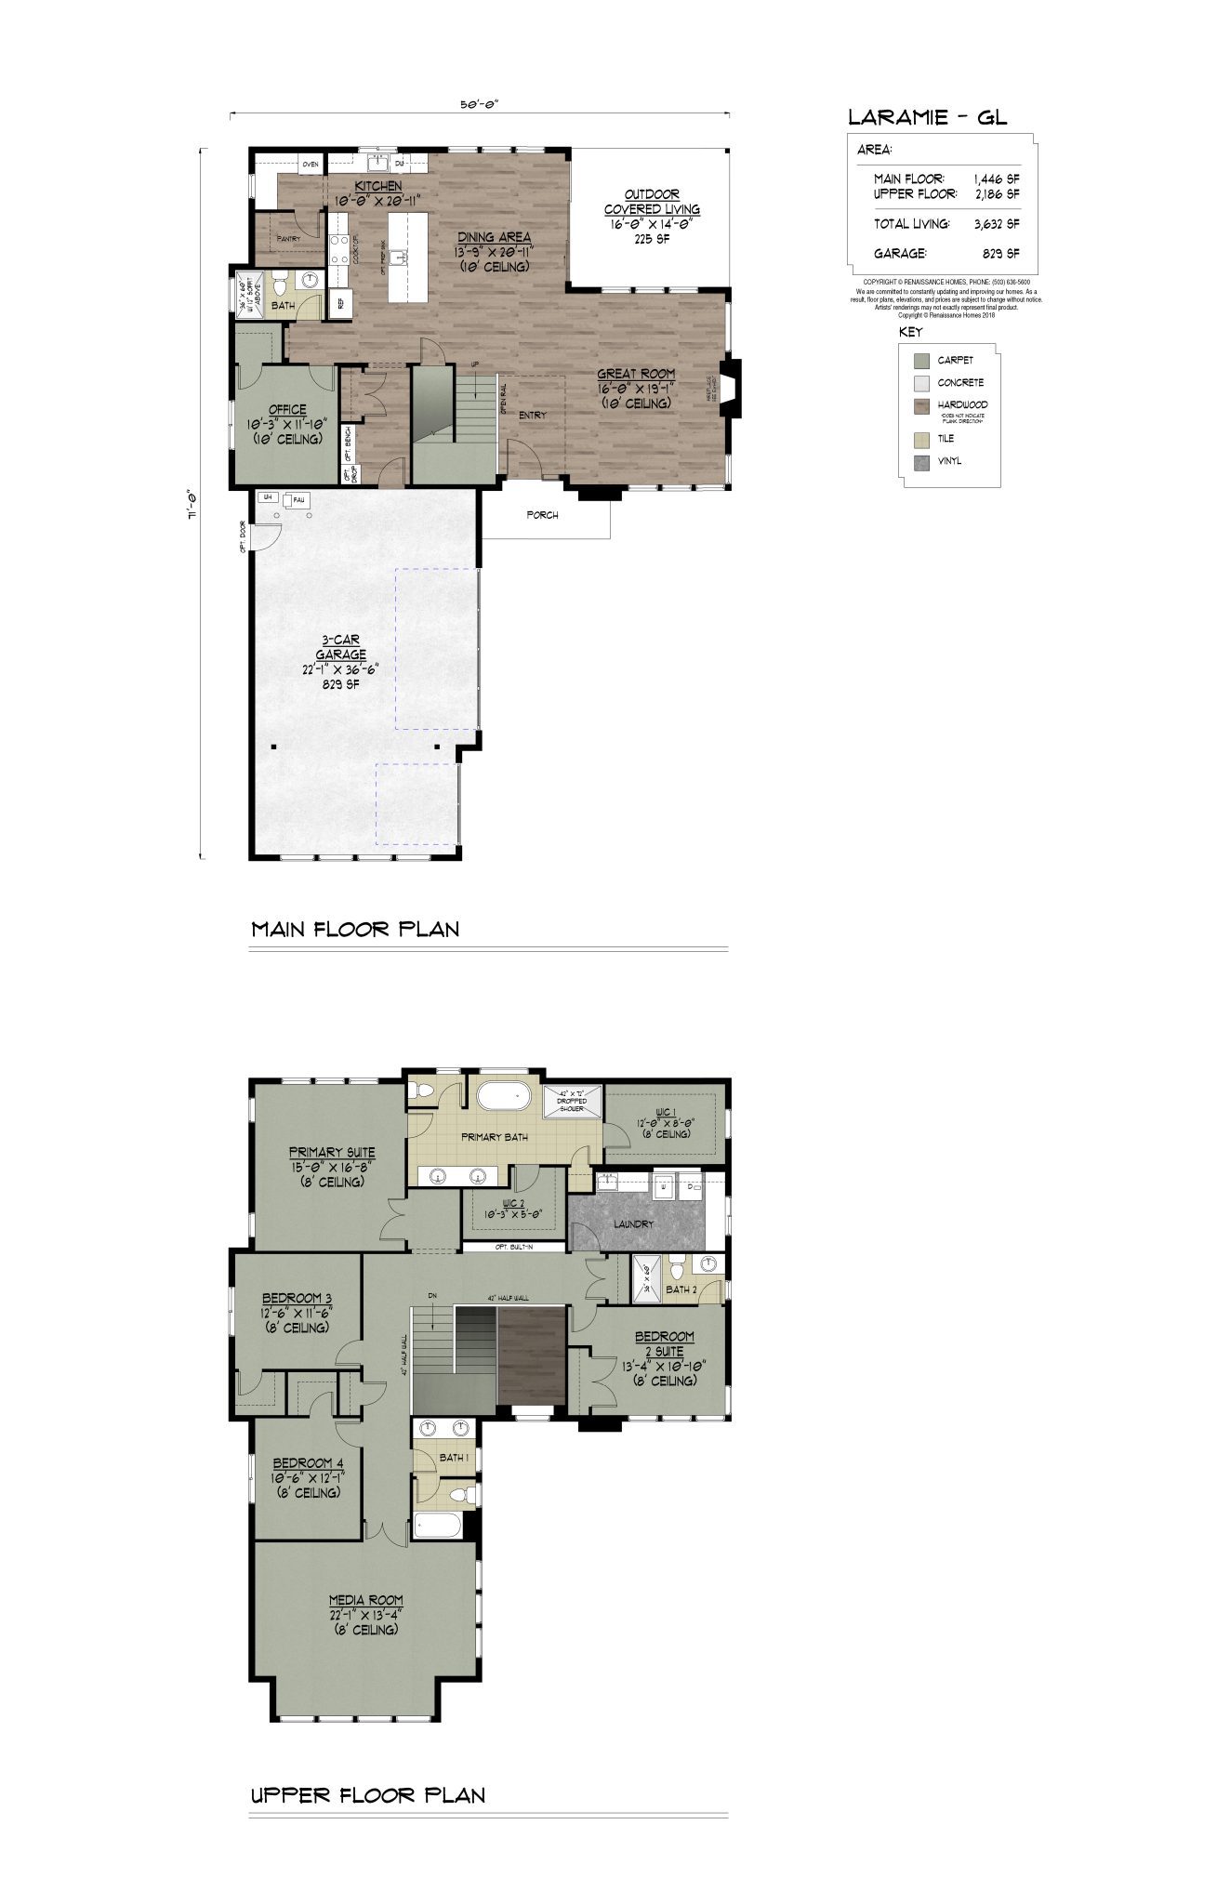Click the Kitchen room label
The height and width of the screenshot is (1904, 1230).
click(x=377, y=186)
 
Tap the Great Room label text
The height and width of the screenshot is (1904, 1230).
click(x=636, y=375)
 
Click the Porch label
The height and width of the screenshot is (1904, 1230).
click(x=542, y=515)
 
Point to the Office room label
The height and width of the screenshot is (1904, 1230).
click(x=287, y=409)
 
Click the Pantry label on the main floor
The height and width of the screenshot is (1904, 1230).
click(x=288, y=239)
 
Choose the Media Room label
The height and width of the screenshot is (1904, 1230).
click(x=366, y=1600)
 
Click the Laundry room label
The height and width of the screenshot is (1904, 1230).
click(x=633, y=1224)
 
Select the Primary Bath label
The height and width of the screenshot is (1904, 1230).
click(x=494, y=1137)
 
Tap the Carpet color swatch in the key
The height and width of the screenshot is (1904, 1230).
click(x=921, y=361)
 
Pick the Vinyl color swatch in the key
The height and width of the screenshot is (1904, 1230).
click(x=921, y=461)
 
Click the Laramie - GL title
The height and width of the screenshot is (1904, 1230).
click(x=927, y=117)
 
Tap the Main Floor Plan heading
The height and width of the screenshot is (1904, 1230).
click(x=355, y=929)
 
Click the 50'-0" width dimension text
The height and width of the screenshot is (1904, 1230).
click(x=480, y=105)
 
